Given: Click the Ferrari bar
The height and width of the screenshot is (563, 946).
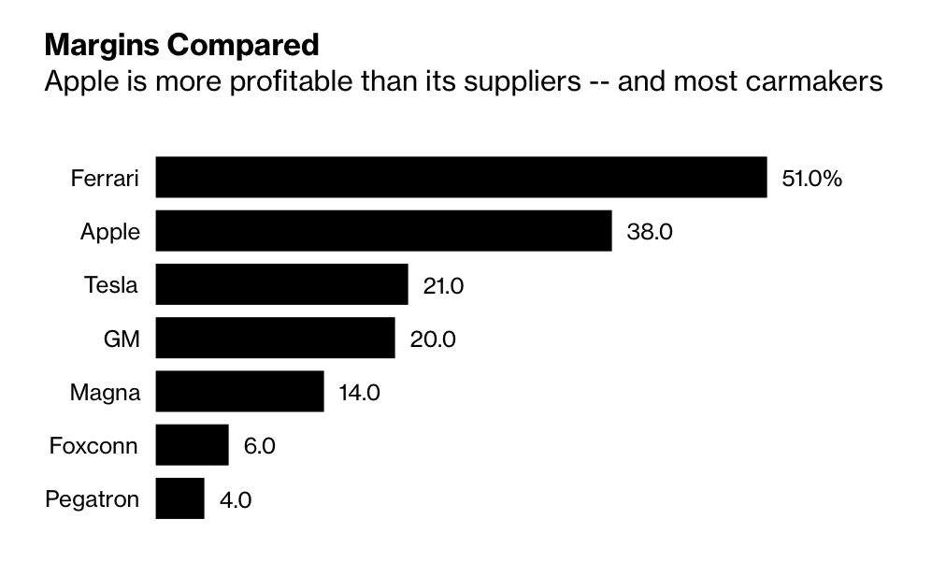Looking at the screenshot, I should coord(461,178).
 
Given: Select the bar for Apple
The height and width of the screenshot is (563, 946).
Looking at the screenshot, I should coord(383,231).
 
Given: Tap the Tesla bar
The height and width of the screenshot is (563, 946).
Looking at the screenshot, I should coord(281,284).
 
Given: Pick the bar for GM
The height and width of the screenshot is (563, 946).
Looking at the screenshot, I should coord(275,338).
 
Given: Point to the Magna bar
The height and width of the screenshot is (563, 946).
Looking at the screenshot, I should coord(239,391).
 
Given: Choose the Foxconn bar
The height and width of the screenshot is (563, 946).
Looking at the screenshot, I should coord(192,444).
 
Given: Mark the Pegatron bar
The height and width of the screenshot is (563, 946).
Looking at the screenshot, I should coord(179,498).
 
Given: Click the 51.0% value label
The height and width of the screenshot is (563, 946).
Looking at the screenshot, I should coord(811,179).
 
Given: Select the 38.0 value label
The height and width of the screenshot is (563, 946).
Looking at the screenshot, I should coord(649,232).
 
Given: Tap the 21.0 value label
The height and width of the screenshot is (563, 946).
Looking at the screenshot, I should coord(443,285).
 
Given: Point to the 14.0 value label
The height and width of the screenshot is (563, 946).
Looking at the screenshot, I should coord(359,392).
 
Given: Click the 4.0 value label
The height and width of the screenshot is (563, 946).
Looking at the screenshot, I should coord(235,499).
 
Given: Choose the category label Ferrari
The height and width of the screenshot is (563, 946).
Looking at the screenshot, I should coord(105,179).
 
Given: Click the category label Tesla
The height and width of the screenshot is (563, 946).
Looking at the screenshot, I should coord(111,285).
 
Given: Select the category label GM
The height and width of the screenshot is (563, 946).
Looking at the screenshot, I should coord(122,339).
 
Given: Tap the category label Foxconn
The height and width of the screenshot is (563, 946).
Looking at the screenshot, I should coord(93,445).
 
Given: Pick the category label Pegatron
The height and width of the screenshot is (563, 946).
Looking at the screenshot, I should coord(92,499).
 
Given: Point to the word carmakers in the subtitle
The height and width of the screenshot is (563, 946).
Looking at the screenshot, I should coord(813,81).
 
